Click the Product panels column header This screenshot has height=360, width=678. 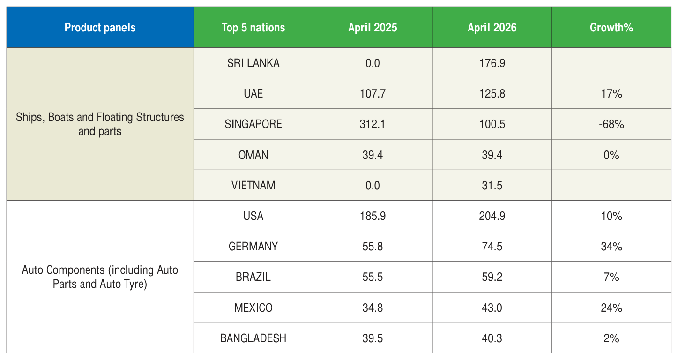pyautogui.click(x=100, y=28)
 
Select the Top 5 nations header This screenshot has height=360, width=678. pyautogui.click(x=253, y=28)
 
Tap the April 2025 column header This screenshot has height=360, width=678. pyautogui.click(x=373, y=28)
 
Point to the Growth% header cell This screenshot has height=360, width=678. pyautogui.click(x=611, y=28)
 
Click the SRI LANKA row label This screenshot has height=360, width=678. pyautogui.click(x=253, y=63)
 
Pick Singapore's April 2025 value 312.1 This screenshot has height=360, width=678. pyautogui.click(x=373, y=124)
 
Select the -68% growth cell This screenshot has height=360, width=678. pyautogui.click(x=611, y=124)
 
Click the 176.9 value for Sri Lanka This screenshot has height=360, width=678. pyautogui.click(x=492, y=63)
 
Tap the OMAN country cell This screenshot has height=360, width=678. pyautogui.click(x=253, y=155)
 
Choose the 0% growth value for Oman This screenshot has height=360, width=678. pyautogui.click(x=611, y=155)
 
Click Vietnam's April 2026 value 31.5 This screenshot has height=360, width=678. pyautogui.click(x=492, y=185)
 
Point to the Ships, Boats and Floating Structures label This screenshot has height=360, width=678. pyautogui.click(x=100, y=124)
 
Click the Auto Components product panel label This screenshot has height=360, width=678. pyautogui.click(x=100, y=277)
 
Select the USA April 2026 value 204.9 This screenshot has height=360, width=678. pyautogui.click(x=492, y=216)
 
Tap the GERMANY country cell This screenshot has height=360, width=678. pyautogui.click(x=253, y=247)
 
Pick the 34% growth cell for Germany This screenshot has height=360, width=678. pyautogui.click(x=611, y=247)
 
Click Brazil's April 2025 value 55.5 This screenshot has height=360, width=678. pyautogui.click(x=373, y=277)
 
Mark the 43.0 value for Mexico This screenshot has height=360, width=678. pyautogui.click(x=492, y=307)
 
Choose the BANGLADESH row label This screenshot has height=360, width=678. pyautogui.click(x=253, y=338)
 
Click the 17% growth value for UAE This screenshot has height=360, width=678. pyautogui.click(x=611, y=94)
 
